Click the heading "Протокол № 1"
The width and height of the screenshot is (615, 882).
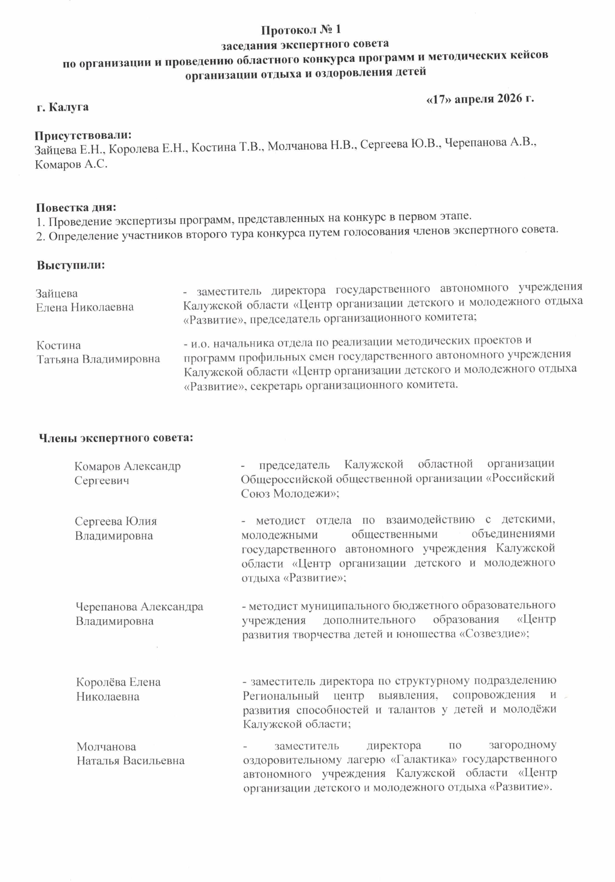point(301,30)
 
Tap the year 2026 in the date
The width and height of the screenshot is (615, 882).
point(509,98)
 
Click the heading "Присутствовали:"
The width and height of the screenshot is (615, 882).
point(83,135)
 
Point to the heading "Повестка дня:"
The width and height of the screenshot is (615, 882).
point(76,208)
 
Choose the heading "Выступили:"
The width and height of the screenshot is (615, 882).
point(71,265)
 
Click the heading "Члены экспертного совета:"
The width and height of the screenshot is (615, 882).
point(116,438)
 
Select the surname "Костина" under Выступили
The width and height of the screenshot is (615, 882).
point(58,345)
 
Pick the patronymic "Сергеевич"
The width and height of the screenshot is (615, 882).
point(102,480)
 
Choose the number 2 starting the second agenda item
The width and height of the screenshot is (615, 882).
point(40,237)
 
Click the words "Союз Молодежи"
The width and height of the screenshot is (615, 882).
point(286,493)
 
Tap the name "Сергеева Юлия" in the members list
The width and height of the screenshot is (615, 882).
point(116,521)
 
